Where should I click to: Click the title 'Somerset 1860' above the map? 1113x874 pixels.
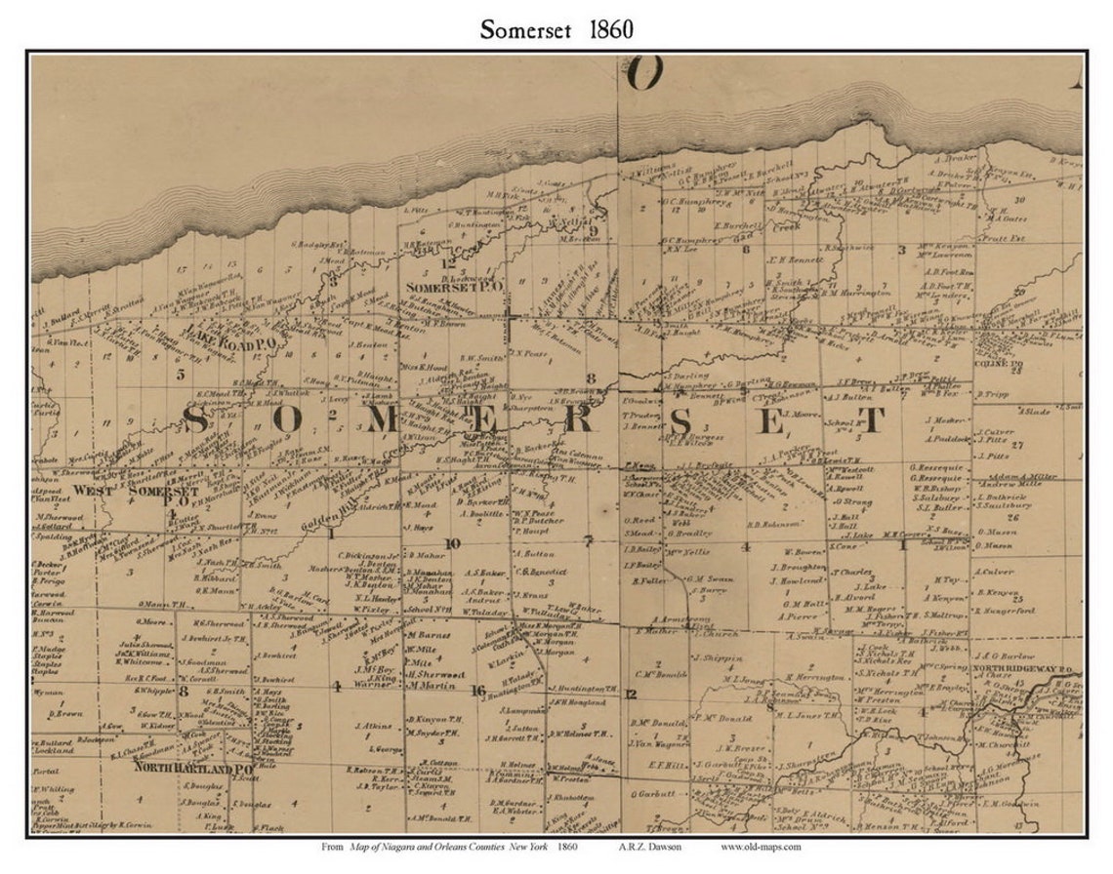(x=556, y=29)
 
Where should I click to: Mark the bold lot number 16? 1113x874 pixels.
(x=477, y=691)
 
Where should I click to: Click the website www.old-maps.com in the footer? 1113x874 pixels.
(x=761, y=847)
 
